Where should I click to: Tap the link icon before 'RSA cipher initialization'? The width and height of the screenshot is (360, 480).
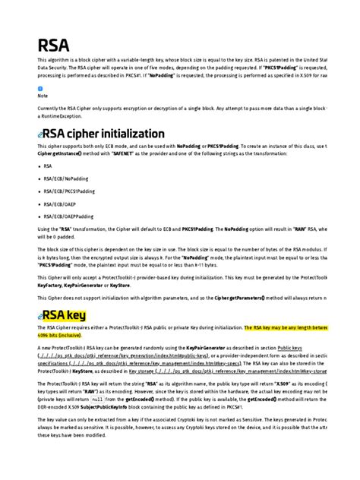pyautogui.click(x=41, y=134)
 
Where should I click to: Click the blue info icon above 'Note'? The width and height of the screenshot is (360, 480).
pyautogui.click(x=39, y=95)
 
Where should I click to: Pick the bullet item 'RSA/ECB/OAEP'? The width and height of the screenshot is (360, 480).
pyautogui.click(x=61, y=204)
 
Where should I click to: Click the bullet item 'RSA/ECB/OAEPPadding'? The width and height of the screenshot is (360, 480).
pyautogui.click(x=70, y=216)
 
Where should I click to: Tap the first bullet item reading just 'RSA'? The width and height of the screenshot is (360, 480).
pyautogui.click(x=48, y=165)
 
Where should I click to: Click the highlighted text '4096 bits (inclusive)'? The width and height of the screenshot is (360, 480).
pyautogui.click(x=60, y=335)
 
